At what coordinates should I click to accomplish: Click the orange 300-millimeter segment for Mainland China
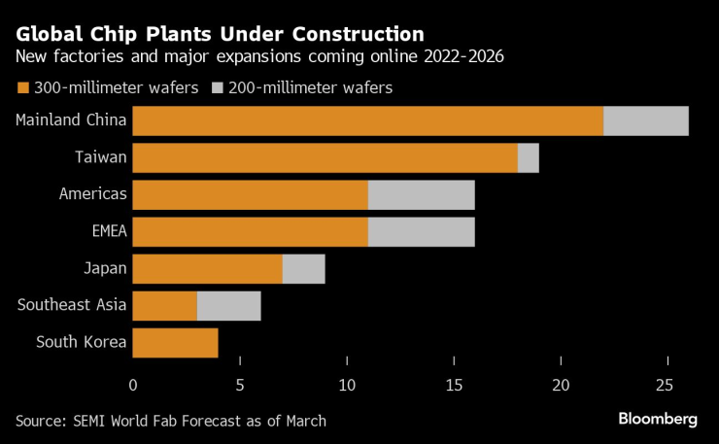(367, 120)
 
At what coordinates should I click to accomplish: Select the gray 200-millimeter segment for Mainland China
(646, 120)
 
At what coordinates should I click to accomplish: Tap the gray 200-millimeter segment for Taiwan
(529, 157)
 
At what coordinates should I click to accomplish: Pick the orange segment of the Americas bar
(250, 194)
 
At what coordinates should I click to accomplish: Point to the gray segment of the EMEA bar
(422, 231)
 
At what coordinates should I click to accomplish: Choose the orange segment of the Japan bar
(207, 268)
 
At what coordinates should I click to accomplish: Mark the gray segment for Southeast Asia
(228, 305)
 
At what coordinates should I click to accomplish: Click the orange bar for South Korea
(175, 342)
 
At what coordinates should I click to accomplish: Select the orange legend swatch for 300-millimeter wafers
(22, 88)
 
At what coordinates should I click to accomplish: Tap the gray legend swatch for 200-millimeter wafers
(217, 88)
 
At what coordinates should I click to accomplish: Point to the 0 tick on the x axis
(133, 385)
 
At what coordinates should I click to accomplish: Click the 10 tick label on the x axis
(347, 385)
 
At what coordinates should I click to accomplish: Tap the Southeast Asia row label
(72, 305)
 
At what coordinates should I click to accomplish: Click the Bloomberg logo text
(658, 419)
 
